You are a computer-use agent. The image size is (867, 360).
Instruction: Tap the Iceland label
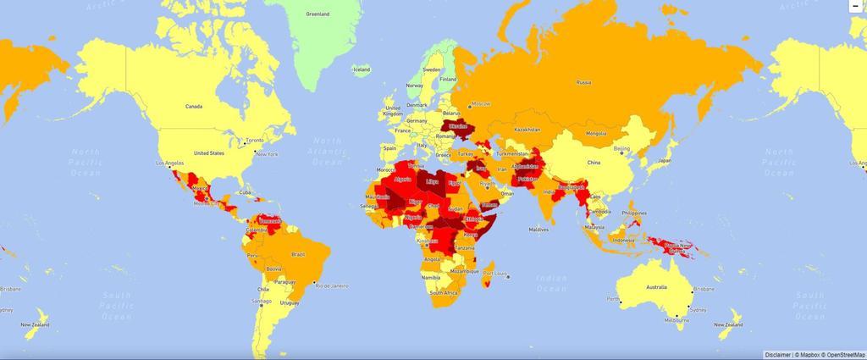pos(362,69)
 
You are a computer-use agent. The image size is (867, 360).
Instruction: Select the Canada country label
pos(196,107)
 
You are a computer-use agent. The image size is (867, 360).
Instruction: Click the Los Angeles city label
pos(168,161)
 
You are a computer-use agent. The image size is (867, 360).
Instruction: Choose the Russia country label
pos(583,82)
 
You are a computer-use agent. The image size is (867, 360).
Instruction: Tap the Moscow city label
pos(481,103)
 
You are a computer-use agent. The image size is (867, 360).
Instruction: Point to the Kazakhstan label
pos(527,130)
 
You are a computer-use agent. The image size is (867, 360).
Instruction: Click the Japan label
pos(665,160)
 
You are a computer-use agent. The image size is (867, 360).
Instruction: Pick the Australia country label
pos(656,287)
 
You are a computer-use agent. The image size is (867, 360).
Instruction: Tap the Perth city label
pos(613,300)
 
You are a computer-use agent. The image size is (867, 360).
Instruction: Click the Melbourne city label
pos(674,320)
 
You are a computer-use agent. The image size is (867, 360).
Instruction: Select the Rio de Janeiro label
pos(332,285)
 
